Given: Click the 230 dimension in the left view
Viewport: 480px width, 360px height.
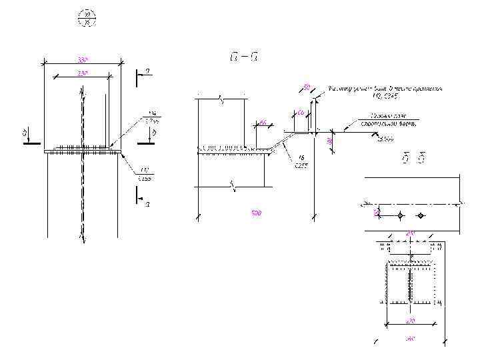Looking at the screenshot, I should point(82,72).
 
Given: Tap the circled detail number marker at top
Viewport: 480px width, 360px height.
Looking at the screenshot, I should point(86,18).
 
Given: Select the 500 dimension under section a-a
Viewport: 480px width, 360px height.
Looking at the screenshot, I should point(257,213).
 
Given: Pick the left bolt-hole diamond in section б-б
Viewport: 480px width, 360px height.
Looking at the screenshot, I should point(399,215).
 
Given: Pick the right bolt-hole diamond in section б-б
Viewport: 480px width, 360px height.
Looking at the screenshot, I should point(421,215).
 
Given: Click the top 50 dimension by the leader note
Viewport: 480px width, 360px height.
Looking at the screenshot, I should point(307,87).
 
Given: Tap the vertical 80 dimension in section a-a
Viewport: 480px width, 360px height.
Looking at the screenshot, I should point(329,140).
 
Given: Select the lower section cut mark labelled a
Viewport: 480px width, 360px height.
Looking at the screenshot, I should point(140,198).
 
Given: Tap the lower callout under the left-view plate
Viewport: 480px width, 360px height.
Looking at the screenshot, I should point(144,175).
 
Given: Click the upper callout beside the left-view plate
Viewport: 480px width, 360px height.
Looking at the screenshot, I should point(153,118).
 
